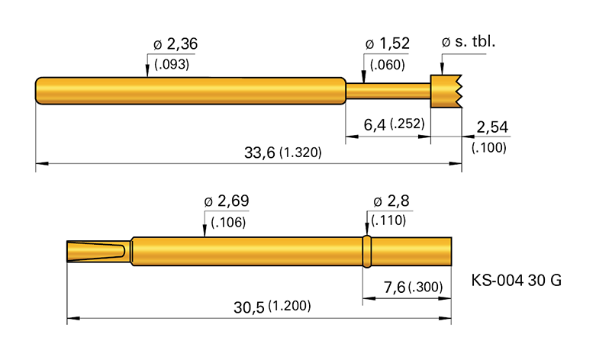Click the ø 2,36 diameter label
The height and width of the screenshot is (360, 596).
tap(172, 45)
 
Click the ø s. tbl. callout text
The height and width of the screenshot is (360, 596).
tap(469, 42)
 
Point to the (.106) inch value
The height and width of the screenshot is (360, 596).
tap(227, 222)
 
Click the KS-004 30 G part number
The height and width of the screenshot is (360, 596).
tap(517, 281)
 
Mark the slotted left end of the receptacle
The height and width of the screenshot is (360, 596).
tap(98, 251)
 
